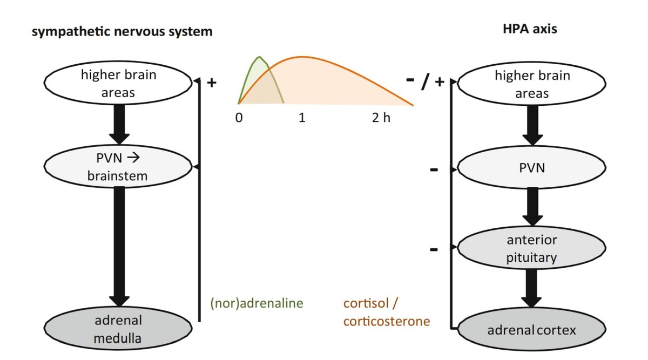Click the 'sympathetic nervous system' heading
pos(122,31)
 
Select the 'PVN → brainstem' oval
pos(118,167)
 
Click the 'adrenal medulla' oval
pos(118,329)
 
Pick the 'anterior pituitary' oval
pos(531,248)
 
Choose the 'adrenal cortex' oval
pos(531,329)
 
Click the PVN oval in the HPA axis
pos(531,168)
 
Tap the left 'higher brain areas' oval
pos(118,83)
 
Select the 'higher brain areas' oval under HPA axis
pos(531,84)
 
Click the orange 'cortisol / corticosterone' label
pos(386,312)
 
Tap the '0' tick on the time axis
pos(239,118)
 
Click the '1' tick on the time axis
pos(302,118)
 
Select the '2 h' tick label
pos(381,118)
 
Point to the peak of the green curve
pos(260,57)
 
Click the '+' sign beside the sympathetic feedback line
pos(212,83)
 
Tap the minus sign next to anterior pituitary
pos(434,250)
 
